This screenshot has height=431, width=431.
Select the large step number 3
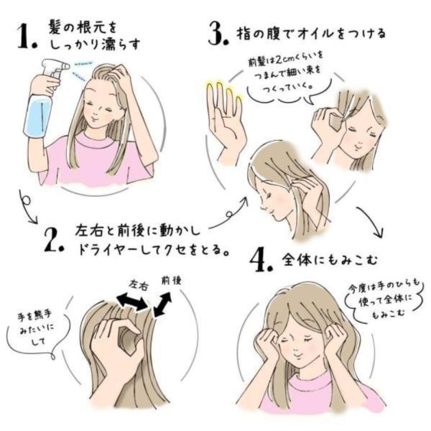(218, 34)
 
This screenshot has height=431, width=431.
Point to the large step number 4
(261, 259)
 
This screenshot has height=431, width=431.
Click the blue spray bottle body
(38, 116)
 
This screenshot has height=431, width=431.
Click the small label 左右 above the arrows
(139, 286)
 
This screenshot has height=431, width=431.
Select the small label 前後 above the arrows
(171, 281)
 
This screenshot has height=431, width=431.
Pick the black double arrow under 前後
(163, 305)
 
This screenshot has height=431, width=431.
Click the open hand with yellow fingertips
(226, 121)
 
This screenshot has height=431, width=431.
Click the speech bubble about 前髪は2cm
(286, 72)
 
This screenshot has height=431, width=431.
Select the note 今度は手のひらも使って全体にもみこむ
(385, 300)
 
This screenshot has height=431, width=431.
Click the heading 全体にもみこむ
(330, 260)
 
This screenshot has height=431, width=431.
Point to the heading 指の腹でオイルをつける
(311, 34)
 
